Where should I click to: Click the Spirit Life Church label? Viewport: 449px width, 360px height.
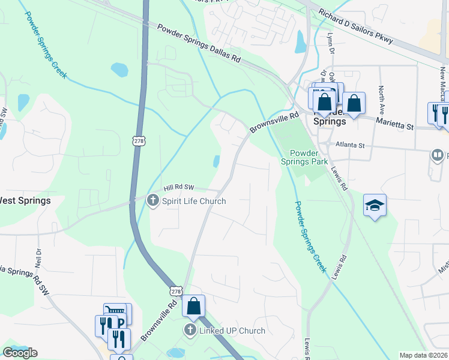pos(194,201)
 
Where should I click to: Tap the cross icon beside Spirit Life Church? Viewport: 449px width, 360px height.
pos(153,200)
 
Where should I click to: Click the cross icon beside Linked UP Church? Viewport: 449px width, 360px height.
pos(190,330)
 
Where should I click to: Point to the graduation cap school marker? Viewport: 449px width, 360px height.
pos(375,206)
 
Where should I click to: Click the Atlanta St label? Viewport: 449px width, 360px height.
pos(350,145)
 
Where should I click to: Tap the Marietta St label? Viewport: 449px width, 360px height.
pos(394,124)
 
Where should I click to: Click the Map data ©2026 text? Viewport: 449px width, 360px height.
pos(424,355)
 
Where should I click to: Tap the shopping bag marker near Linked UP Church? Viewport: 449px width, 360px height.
pos(194,306)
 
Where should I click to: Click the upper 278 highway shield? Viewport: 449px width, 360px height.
pos(139,140)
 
